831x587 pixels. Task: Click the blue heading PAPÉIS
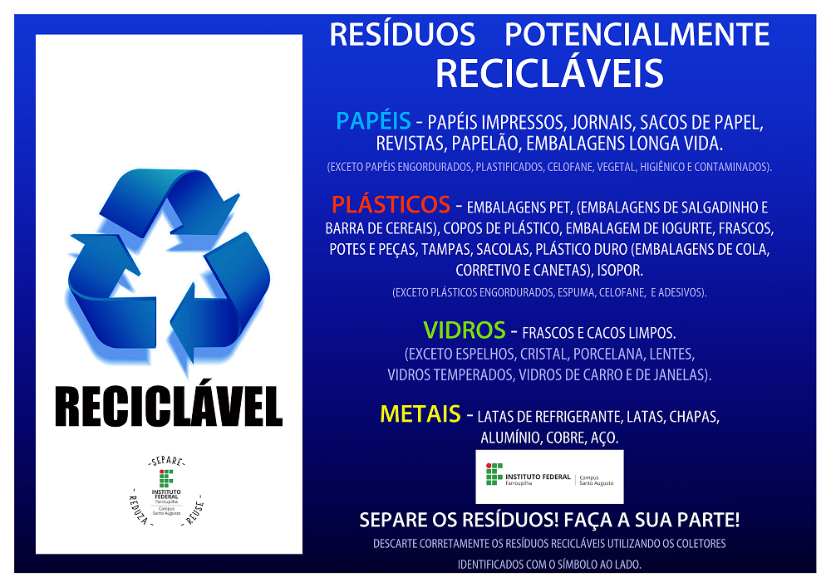[x=373, y=122]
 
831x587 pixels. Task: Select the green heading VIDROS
[x=464, y=330]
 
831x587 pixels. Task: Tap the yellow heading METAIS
[x=420, y=413]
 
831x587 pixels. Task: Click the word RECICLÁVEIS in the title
[x=549, y=73]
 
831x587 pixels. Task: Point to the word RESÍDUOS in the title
[x=402, y=35]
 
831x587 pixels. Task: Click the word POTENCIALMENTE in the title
[x=637, y=35]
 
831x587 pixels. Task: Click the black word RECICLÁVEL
[x=169, y=406]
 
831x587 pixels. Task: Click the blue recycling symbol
[x=169, y=263]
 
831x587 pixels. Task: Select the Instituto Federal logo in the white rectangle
[x=549, y=477]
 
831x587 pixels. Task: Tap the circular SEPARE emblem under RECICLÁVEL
[x=167, y=491]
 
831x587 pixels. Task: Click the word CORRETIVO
[x=492, y=271]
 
